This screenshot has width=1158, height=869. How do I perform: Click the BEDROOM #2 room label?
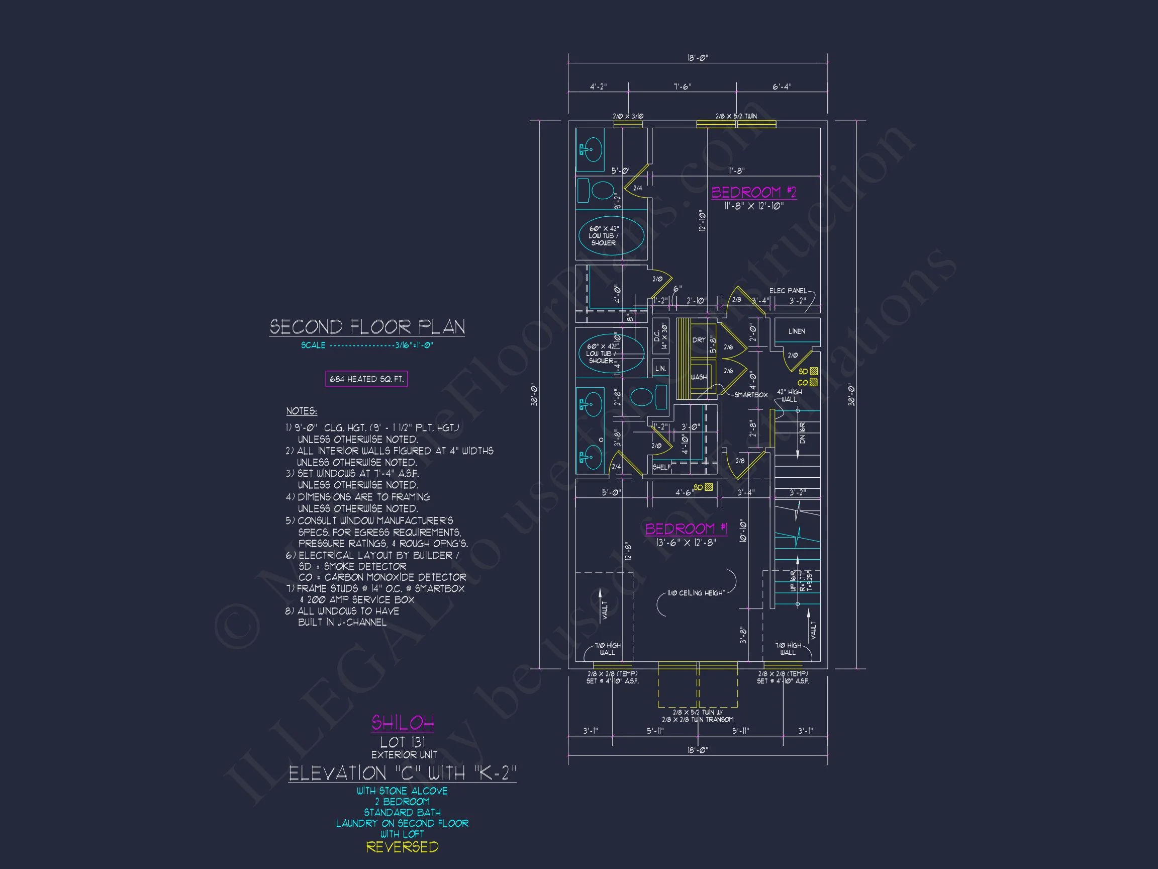click(x=753, y=192)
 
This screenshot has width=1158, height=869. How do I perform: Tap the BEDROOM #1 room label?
click(x=686, y=529)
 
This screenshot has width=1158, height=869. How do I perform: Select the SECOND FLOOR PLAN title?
click(x=367, y=327)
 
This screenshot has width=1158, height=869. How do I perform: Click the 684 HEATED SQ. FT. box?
click(x=366, y=379)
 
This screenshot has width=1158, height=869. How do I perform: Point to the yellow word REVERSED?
click(x=402, y=847)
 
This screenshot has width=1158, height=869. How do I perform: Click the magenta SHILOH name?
click(x=403, y=723)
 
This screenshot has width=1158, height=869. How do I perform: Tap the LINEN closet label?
click(x=796, y=331)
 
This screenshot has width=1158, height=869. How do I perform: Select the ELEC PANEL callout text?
click(x=788, y=291)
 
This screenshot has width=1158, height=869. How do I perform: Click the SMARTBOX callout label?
click(x=750, y=395)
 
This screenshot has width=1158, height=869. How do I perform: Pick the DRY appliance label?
click(x=699, y=340)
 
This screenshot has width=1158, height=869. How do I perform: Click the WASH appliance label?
click(x=698, y=377)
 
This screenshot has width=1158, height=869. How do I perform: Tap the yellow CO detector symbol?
click(x=813, y=382)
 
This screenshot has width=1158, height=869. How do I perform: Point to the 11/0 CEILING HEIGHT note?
click(x=696, y=593)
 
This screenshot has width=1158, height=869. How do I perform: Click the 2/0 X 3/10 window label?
click(x=628, y=116)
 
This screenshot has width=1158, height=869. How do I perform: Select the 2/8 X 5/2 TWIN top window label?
click(x=735, y=116)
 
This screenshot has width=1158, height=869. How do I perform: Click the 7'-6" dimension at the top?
click(x=682, y=87)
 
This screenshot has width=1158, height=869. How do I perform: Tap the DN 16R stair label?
click(x=802, y=432)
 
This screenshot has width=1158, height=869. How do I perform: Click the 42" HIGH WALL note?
click(x=789, y=395)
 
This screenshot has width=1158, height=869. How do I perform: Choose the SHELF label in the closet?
click(x=661, y=467)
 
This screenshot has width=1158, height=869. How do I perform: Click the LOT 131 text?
click(x=403, y=742)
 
